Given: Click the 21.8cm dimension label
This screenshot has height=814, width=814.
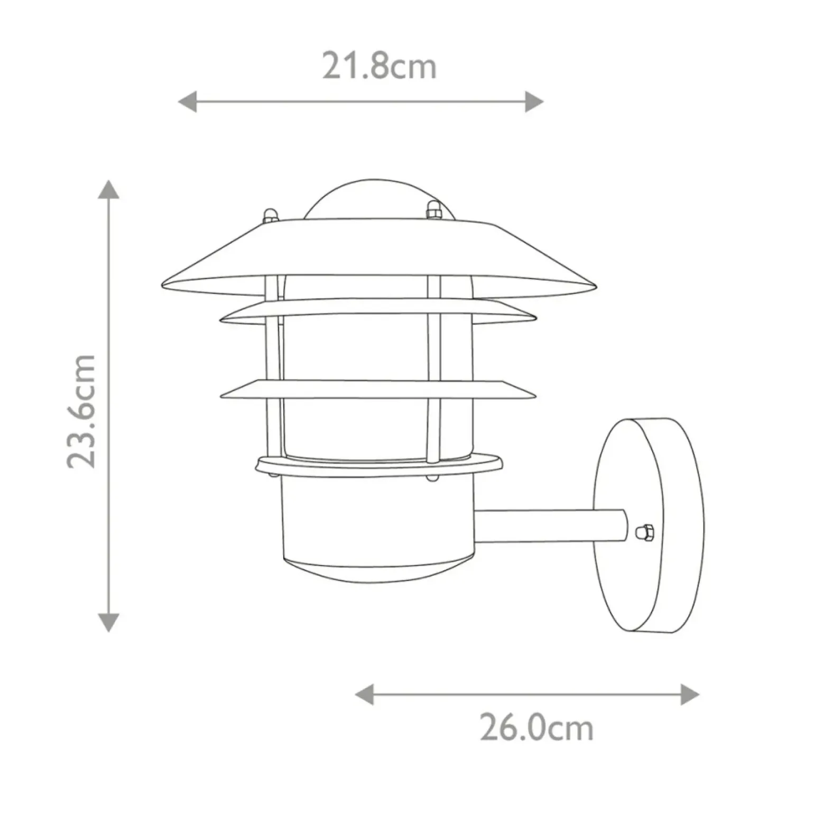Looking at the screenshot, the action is pyautogui.click(x=380, y=67).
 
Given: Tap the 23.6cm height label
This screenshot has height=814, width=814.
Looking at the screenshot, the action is pyautogui.click(x=81, y=412).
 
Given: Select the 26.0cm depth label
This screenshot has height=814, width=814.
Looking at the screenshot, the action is pyautogui.click(x=536, y=728).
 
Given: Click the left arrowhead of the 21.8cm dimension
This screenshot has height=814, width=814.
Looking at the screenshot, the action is pyautogui.click(x=187, y=101).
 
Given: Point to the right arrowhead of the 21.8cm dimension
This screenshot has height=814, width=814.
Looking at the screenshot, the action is pyautogui.click(x=534, y=101).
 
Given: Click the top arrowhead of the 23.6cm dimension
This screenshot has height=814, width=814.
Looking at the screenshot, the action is pyautogui.click(x=108, y=189).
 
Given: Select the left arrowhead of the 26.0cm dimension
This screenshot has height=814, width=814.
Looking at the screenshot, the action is pyautogui.click(x=364, y=694).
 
